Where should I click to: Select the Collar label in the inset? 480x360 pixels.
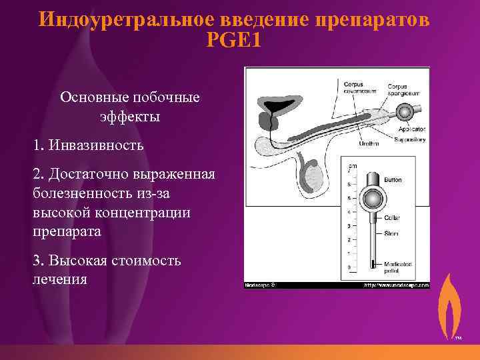(393, 217)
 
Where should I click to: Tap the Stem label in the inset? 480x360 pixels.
(391, 233)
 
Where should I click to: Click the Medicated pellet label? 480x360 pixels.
(399, 267)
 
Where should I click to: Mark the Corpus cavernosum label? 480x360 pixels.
(358, 87)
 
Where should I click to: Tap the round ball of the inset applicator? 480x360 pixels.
(370, 199)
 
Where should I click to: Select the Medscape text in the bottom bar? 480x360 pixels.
(259, 284)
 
